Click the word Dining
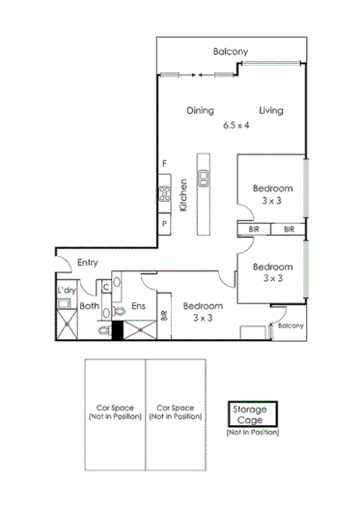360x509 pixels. pos(200,110)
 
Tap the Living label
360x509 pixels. pos(270,110)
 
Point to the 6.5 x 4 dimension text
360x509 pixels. pos(235,125)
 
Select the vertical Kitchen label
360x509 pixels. pos(182,193)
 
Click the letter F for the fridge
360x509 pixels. pos(165,163)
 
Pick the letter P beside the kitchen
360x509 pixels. pos(165,224)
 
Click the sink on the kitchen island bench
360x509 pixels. pos(205,176)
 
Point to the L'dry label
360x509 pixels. pos(67,290)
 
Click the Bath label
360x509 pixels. pos(89,307)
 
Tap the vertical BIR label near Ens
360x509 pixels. pos(164,314)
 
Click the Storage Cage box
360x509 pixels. pos(254,414)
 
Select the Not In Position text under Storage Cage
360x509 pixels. pos(254,431)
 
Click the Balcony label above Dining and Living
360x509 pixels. pos(232,51)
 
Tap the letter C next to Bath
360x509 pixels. pos(103,287)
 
